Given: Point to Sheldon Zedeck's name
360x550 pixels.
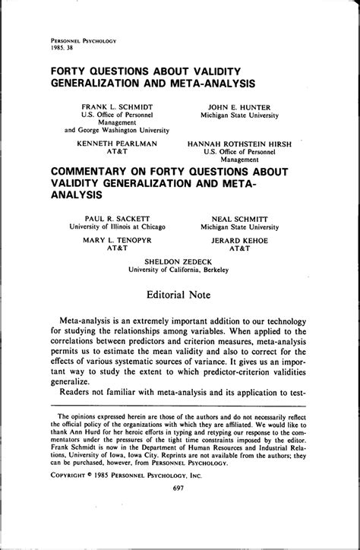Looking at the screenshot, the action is click(179, 260).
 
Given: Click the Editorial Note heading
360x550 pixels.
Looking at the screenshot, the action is click(179, 293).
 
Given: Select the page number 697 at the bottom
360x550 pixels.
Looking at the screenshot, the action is click(179, 532).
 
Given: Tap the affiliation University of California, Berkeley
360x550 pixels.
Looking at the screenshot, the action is click(179, 268).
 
